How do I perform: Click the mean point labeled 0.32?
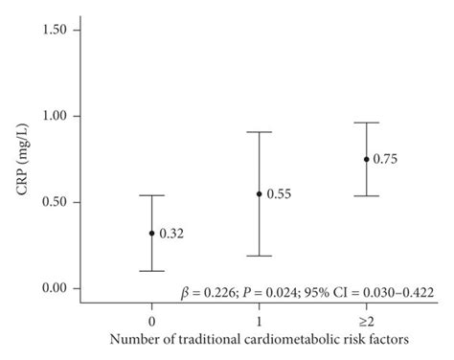(x=151, y=233)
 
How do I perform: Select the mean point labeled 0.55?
(x=259, y=193)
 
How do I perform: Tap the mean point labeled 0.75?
(x=366, y=159)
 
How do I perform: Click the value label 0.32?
(x=171, y=234)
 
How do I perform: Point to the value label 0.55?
(x=279, y=194)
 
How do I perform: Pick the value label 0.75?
(x=386, y=160)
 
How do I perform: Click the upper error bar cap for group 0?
(x=151, y=195)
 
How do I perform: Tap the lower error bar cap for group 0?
(x=151, y=271)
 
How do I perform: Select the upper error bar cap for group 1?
(x=259, y=132)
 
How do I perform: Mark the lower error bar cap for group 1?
(x=259, y=256)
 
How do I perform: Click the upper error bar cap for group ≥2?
(x=366, y=123)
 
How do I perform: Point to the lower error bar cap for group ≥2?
(x=366, y=195)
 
